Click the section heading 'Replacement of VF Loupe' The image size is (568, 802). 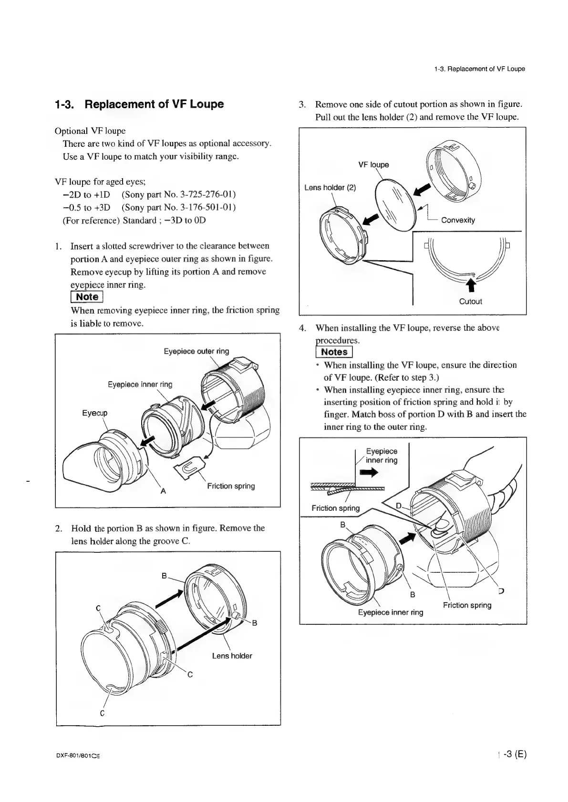click(154, 104)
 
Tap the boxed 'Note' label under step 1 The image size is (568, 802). click(87, 297)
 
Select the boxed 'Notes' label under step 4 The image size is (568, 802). click(334, 352)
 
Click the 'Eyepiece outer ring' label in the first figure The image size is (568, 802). click(196, 351)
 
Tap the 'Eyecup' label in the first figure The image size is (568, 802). click(95, 413)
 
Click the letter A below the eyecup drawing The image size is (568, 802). click(163, 491)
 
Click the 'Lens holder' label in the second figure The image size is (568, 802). click(232, 656)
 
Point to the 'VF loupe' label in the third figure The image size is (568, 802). click(373, 165)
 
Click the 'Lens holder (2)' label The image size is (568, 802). click(330, 188)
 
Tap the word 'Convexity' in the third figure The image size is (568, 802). click(458, 220)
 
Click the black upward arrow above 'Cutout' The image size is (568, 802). click(471, 284)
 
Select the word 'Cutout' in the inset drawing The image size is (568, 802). click(470, 301)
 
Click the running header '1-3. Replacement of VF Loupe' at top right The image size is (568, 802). click(479, 69)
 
